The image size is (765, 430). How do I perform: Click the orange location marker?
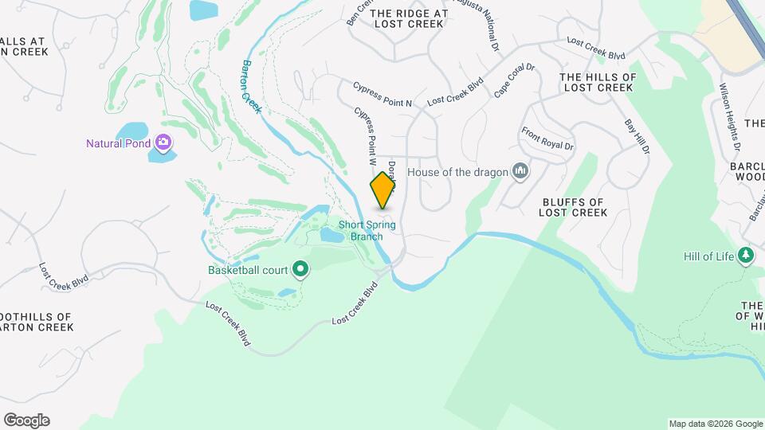point(382,190)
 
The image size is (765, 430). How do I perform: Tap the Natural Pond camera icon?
point(163,143)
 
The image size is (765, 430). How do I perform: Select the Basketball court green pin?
point(300,270)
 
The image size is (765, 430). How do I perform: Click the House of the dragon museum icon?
point(520,171)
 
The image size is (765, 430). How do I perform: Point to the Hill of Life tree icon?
point(746,256)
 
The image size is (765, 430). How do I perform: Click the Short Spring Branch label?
point(367,230)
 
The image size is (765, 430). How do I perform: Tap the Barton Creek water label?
point(252,86)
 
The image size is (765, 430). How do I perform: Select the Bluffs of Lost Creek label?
point(573,207)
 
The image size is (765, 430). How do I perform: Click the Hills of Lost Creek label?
point(598,82)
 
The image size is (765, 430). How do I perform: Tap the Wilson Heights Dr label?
point(730,118)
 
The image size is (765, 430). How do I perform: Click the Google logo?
point(25,420)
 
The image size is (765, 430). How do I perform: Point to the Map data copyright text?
point(716,424)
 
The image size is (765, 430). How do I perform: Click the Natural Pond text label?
point(120,144)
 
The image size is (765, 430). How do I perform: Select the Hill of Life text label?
point(708,256)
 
